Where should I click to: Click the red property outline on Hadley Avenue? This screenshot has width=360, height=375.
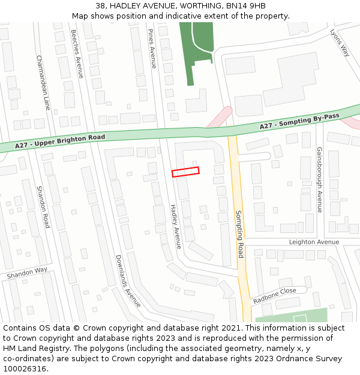pyautogui.click(x=185, y=172)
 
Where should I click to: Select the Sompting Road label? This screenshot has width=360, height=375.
pyautogui.click(x=239, y=234)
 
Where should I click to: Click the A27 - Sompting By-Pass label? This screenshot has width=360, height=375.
pyautogui.click(x=299, y=121)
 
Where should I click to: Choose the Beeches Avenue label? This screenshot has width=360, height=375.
pyautogui.click(x=77, y=54)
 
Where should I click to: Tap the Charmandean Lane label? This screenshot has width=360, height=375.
pyautogui.click(x=43, y=83)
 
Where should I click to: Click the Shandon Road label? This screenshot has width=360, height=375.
pyautogui.click(x=43, y=206)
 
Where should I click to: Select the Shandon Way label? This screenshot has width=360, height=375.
pyautogui.click(x=27, y=273)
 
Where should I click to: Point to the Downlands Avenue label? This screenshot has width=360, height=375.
pyautogui.click(x=128, y=281)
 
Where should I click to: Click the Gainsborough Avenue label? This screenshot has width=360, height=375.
pyautogui.click(x=320, y=179)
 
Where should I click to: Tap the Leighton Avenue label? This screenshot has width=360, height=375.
pyautogui.click(x=314, y=242)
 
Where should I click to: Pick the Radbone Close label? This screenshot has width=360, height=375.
pyautogui.click(x=274, y=295)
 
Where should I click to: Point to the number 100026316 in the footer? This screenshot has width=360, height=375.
pyautogui.click(x=25, y=369)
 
